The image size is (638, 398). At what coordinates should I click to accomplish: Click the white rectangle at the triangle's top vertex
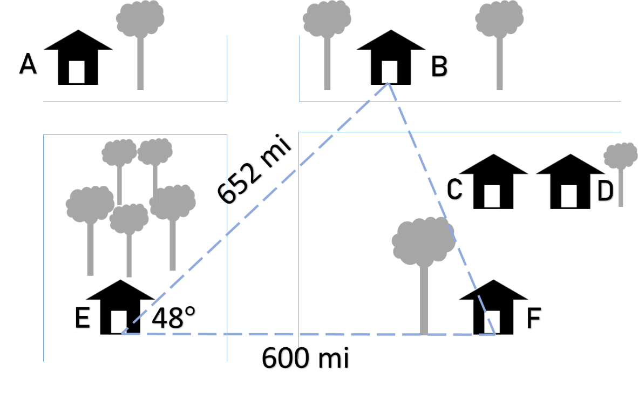(389, 72)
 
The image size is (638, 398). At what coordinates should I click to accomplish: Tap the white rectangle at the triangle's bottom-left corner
(119, 321)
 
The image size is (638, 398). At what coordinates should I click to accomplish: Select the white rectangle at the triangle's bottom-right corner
(492, 321)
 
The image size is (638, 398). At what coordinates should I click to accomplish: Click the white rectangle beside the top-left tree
(77, 72)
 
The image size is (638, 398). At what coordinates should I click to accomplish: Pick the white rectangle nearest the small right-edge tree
(568, 196)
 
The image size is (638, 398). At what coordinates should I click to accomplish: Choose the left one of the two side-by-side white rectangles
(492, 196)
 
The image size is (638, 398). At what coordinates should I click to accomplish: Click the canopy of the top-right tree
(499, 19)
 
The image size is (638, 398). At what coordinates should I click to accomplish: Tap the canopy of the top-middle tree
(327, 19)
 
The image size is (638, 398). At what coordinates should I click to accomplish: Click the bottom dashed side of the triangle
(302, 334)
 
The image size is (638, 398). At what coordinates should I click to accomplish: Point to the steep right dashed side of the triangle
(440, 205)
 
